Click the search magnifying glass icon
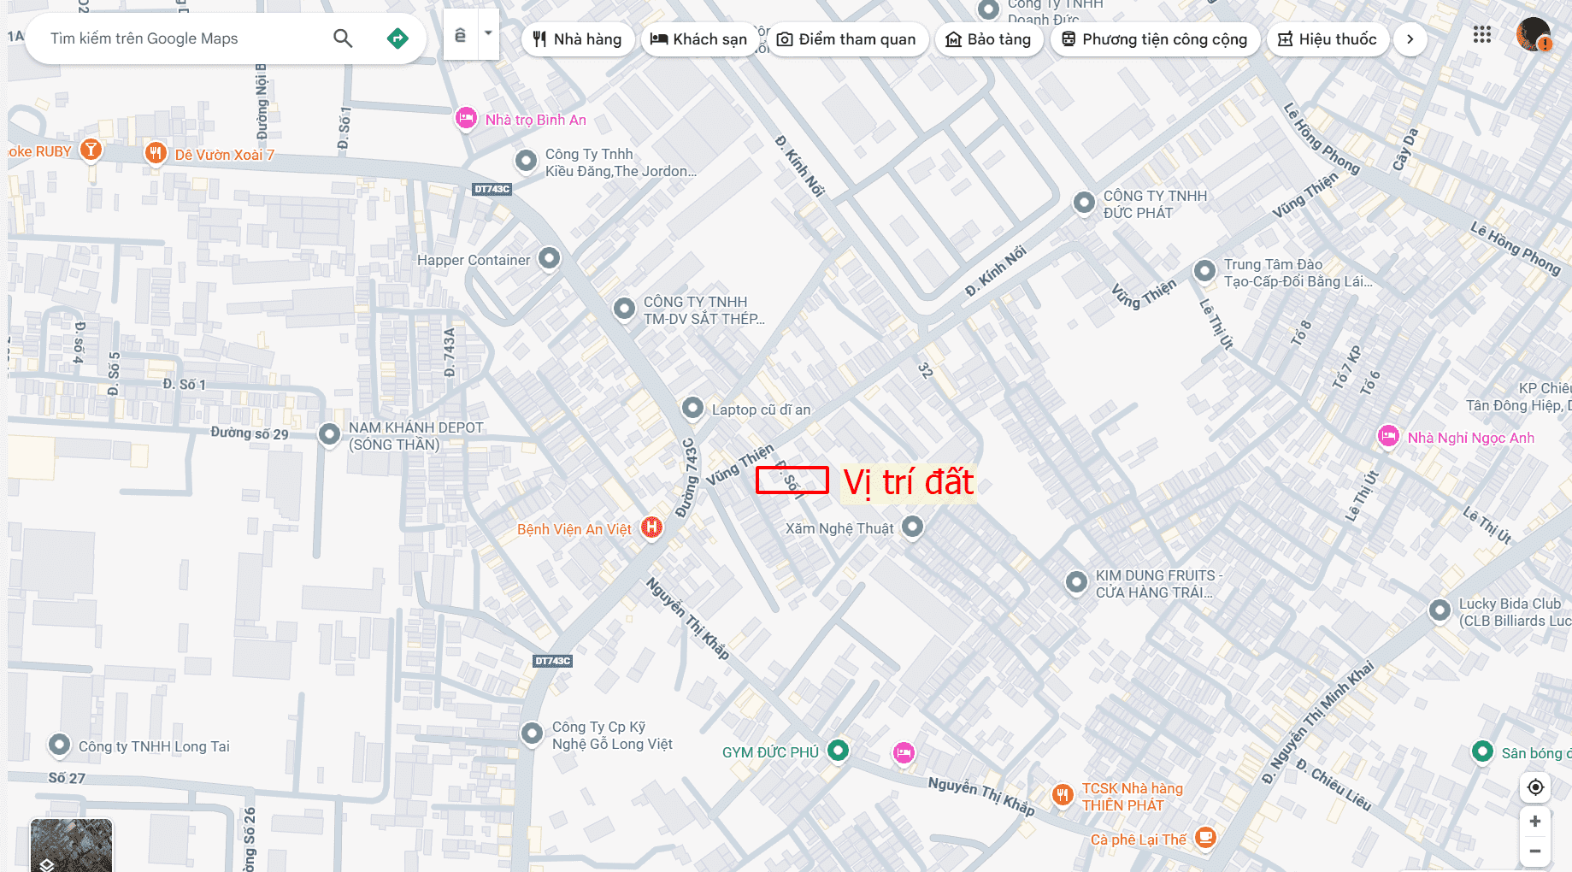[343, 38]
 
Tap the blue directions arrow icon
[397, 38]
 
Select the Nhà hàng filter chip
[577, 39]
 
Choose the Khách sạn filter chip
[698, 39]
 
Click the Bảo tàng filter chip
[988, 39]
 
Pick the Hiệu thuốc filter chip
[1327, 39]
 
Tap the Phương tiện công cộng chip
[1154, 39]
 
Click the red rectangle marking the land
[792, 480]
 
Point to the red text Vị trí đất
[908, 482]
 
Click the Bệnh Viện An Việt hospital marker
[651, 527]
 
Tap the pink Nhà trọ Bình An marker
[466, 118]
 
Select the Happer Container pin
[549, 258]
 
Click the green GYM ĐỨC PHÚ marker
[839, 751]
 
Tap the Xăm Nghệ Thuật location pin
[912, 527]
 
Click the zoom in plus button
[1535, 821]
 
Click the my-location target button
[1535, 787]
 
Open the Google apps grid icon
[1482, 35]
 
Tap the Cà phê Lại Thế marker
[1205, 837]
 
